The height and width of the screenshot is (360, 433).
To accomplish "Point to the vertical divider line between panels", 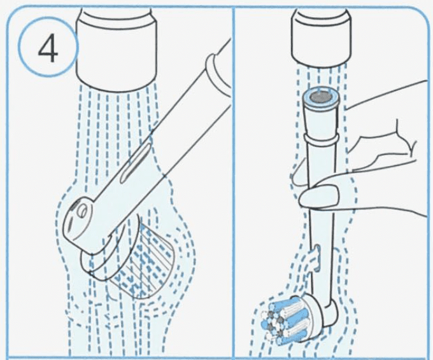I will pyautogui.click(x=233, y=191).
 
